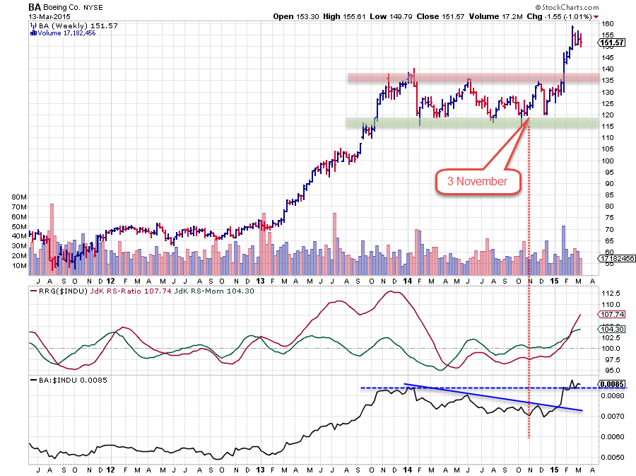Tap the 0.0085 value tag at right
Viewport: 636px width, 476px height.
point(613,384)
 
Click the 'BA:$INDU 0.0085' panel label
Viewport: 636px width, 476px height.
point(65,381)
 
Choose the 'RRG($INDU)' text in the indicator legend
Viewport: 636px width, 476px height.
point(50,290)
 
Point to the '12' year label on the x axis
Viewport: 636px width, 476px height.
point(111,469)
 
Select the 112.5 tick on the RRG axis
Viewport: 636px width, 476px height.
point(609,293)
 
